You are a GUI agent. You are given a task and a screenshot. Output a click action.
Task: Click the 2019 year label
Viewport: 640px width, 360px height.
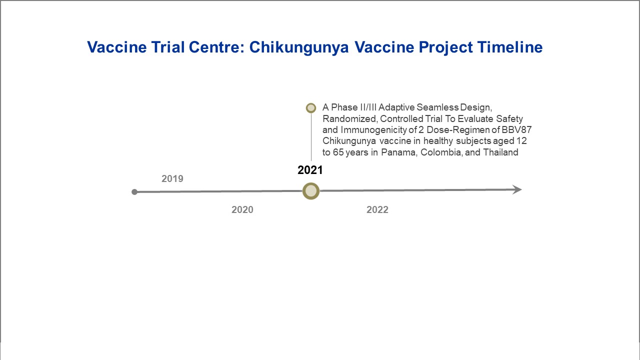(x=172, y=178)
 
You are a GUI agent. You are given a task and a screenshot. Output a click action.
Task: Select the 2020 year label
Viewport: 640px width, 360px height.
(x=242, y=209)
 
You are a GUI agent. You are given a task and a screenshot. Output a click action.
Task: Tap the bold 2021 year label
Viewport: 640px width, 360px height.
(x=310, y=170)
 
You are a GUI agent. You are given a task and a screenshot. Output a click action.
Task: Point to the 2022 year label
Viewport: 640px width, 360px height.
(x=377, y=209)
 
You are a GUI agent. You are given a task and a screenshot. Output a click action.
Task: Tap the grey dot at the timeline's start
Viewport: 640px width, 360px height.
(x=134, y=192)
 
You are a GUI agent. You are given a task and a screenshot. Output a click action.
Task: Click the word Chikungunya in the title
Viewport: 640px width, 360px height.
(x=299, y=47)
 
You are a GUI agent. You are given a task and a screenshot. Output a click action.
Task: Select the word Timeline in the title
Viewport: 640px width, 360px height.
(x=509, y=47)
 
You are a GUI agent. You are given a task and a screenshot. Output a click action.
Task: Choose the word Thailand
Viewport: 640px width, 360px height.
(x=500, y=152)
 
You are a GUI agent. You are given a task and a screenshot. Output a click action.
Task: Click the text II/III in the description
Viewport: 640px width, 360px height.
(x=368, y=107)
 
